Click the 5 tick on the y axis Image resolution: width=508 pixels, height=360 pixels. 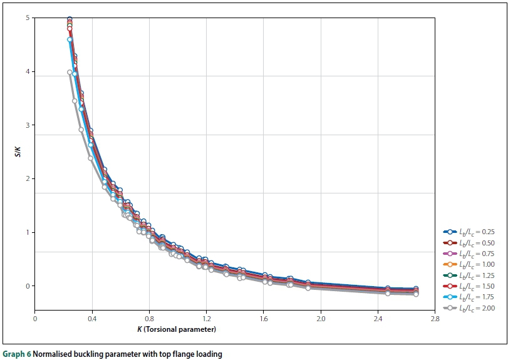pos(28,18)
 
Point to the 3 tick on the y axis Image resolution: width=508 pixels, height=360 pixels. pos(28,125)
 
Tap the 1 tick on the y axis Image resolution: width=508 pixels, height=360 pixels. pos(28,232)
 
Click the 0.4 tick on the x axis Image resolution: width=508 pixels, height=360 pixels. pos(92,318)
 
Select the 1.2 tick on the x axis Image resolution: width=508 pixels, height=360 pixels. pos(206,318)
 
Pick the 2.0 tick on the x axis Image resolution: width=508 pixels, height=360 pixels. pos(321,318)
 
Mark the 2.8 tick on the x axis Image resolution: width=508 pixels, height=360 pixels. pos(435,318)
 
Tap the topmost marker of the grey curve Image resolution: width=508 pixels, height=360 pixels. pos(70,72)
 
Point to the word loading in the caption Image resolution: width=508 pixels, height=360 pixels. pos(209,354)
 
